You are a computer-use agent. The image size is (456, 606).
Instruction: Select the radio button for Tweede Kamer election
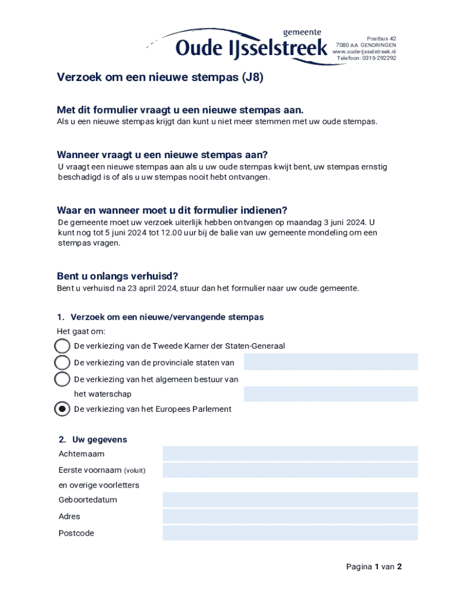pyautogui.click(x=62, y=346)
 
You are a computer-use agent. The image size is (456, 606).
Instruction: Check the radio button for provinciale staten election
pyautogui.click(x=62, y=362)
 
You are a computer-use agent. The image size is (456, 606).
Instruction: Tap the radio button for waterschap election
pyautogui.click(x=62, y=379)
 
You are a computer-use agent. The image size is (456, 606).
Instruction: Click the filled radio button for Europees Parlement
pyautogui.click(x=62, y=409)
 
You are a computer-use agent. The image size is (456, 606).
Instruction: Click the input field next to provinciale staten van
pyautogui.click(x=330, y=362)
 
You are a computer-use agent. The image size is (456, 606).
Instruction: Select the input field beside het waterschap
pyautogui.click(x=330, y=394)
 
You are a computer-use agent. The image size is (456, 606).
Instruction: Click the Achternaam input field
pyautogui.click(x=290, y=454)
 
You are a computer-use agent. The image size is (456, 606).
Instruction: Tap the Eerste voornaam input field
pyautogui.click(x=290, y=470)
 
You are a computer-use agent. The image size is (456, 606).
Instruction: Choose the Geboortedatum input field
pyautogui.click(x=290, y=499)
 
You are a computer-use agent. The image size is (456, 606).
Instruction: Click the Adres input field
pyautogui.click(x=290, y=516)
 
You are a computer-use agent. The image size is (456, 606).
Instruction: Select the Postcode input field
pyautogui.click(x=290, y=533)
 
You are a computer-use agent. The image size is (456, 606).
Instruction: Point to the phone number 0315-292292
pyautogui.click(x=380, y=58)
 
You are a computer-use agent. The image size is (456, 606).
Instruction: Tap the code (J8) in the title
pyautogui.click(x=252, y=77)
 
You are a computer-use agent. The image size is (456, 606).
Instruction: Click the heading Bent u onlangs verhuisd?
pyautogui.click(x=117, y=276)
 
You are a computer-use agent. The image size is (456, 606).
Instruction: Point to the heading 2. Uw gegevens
pyautogui.click(x=93, y=440)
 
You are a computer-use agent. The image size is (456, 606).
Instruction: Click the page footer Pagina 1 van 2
pyautogui.click(x=374, y=566)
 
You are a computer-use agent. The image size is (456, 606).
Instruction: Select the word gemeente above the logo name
pyautogui.click(x=302, y=32)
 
